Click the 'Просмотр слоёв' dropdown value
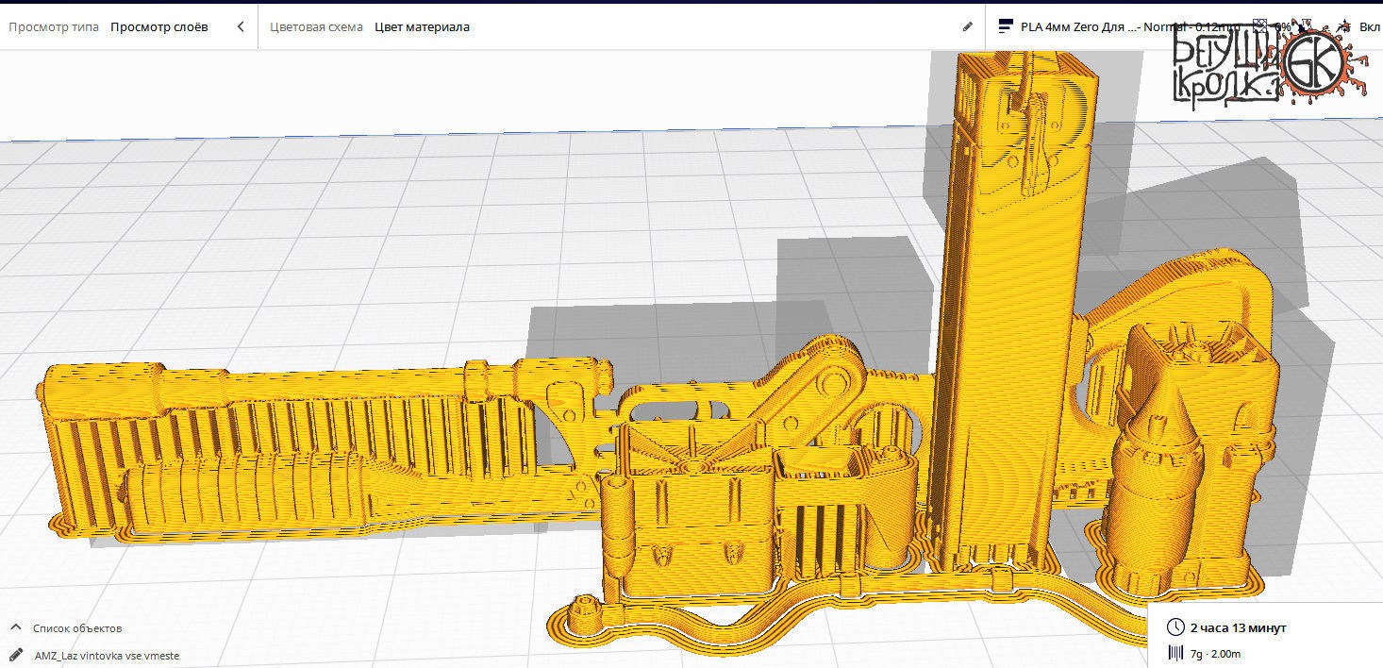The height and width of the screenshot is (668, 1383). (x=158, y=26)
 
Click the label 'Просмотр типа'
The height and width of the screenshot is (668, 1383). (x=53, y=26)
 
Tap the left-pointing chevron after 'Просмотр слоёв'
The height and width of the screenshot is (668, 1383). (x=241, y=26)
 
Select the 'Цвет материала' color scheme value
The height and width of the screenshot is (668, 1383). (x=422, y=26)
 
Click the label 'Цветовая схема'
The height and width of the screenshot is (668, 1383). (x=316, y=26)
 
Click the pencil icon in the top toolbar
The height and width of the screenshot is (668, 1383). (x=967, y=26)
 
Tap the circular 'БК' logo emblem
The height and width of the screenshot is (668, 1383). (x=1317, y=62)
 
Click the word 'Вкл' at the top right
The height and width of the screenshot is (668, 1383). (x=1369, y=26)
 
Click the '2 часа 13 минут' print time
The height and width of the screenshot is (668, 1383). (x=1238, y=627)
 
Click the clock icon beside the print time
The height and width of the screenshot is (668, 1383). (x=1175, y=627)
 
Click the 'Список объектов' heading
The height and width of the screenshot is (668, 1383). (x=77, y=627)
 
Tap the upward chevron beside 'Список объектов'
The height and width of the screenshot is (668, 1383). (x=16, y=627)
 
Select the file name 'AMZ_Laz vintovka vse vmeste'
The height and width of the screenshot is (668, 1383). (x=107, y=655)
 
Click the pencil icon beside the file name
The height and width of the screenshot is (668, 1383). (x=16, y=654)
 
